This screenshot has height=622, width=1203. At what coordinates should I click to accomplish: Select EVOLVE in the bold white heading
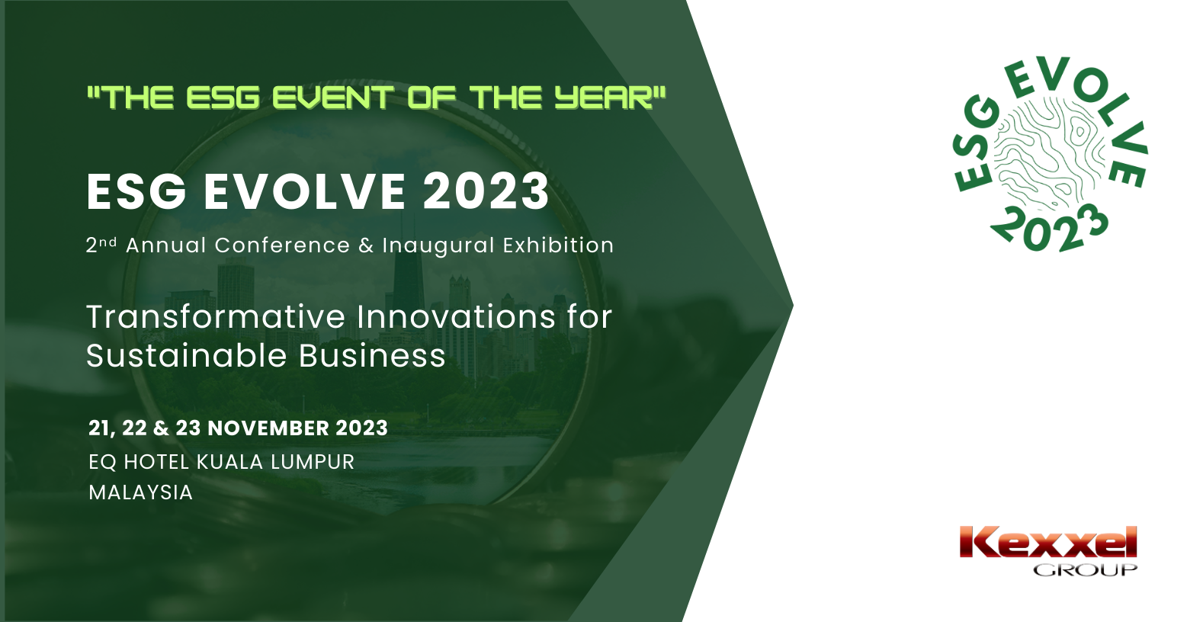point(304,192)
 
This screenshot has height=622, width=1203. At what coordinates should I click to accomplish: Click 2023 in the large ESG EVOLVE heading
point(486,192)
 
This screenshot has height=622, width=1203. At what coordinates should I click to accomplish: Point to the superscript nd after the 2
point(108,242)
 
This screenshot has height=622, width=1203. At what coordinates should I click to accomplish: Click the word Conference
point(283,245)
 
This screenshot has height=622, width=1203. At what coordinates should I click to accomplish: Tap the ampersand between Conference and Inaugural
point(366,245)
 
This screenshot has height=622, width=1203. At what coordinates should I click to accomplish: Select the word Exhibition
point(558,245)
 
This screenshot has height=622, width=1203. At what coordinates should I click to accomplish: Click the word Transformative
point(216,317)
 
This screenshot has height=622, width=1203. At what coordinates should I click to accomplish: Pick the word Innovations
point(456,317)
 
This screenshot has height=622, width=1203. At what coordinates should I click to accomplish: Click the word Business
point(372,355)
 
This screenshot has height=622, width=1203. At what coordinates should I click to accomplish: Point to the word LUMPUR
point(313,462)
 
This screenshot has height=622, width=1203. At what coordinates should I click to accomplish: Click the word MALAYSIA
point(141,492)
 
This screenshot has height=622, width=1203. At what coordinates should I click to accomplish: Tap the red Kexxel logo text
point(1047,543)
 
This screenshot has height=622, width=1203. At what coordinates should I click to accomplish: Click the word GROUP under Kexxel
point(1085,569)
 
